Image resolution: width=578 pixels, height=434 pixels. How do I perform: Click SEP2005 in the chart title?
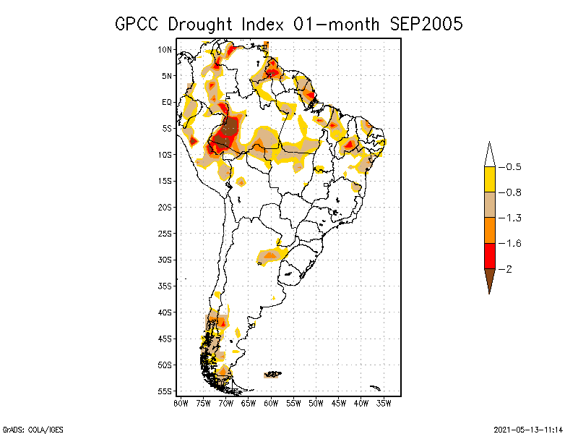point(426,24)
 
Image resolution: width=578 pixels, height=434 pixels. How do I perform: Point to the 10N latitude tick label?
point(165,49)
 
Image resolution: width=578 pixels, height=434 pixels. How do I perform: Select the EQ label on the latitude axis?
point(167,102)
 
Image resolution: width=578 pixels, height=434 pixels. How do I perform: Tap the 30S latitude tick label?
point(165,260)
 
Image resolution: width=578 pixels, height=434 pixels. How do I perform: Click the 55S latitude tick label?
point(165,391)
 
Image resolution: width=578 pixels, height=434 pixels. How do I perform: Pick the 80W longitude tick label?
point(181,403)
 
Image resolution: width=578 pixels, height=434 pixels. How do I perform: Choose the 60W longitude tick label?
point(271,403)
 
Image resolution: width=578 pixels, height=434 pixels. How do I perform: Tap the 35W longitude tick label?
point(384,403)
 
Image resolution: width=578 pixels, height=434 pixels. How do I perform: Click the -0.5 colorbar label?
point(514,167)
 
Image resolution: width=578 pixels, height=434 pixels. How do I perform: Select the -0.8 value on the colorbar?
point(514,192)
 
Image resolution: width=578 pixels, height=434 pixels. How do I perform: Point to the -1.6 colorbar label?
point(514,243)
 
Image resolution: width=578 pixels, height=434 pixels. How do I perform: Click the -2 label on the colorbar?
point(511,269)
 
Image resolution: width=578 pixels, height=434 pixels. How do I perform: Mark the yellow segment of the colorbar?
point(489,179)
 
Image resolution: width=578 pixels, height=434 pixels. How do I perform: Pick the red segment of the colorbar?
point(489,256)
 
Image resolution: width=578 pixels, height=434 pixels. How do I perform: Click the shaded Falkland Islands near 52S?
point(273,374)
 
